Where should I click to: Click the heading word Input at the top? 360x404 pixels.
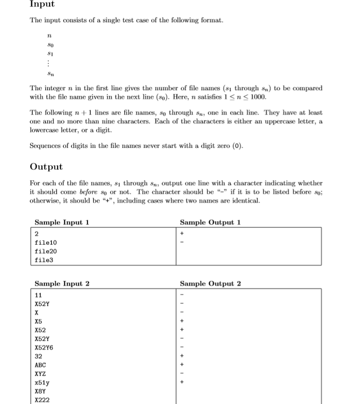click(x=42, y=4)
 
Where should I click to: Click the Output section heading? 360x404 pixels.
click(x=46, y=167)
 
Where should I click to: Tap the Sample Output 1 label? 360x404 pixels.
click(x=210, y=222)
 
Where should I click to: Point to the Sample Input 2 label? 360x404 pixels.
click(x=62, y=283)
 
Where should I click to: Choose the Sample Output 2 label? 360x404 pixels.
click(x=210, y=283)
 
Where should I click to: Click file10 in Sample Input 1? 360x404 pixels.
click(x=46, y=243)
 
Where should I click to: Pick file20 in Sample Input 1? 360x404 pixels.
click(x=46, y=251)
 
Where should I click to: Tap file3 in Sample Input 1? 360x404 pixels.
click(x=44, y=260)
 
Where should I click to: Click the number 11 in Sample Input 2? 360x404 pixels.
click(x=39, y=295)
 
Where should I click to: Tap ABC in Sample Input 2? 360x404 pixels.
click(x=41, y=365)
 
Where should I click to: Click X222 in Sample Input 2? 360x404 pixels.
click(x=42, y=400)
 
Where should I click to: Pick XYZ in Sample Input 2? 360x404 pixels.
click(x=41, y=373)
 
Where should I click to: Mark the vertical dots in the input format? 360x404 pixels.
click(x=50, y=63)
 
